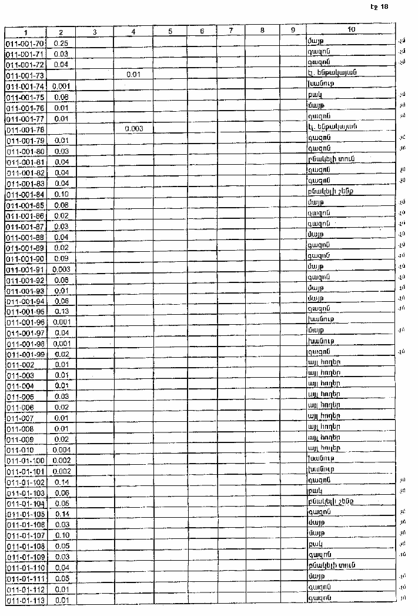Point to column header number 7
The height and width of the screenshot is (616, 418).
[x=231, y=31]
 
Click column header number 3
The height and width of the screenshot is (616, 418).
[x=94, y=31]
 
